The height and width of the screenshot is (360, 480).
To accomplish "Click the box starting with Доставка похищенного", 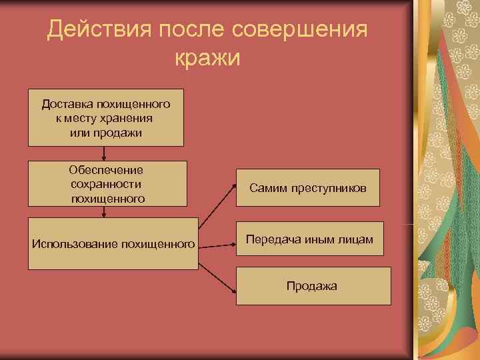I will [105, 119].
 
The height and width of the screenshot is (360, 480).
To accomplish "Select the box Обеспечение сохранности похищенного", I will [107, 183].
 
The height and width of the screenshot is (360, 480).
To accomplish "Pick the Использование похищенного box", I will [113, 243].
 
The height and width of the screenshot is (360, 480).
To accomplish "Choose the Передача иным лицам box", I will [310, 239].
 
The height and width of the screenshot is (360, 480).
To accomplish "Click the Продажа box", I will [313, 286].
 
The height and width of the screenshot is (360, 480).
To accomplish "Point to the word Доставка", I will [67, 104].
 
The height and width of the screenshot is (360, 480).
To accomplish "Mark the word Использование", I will [74, 244].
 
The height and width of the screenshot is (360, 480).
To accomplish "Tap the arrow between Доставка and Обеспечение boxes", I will [105, 153].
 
